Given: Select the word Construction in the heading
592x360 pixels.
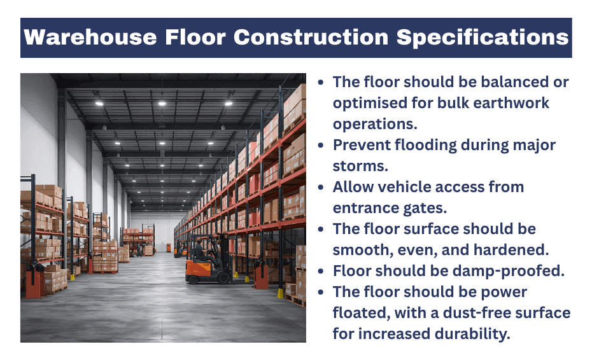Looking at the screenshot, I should (x=312, y=37).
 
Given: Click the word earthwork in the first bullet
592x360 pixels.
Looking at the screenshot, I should (x=519, y=102).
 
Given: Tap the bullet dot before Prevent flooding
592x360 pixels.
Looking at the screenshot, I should (x=322, y=145).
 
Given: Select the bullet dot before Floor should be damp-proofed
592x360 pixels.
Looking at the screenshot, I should (x=322, y=272).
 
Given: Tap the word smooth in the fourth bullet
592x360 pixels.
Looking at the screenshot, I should (x=358, y=249).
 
